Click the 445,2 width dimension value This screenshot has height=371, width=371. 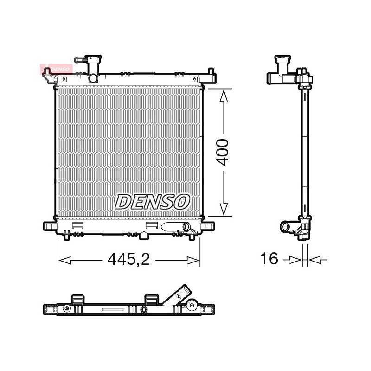129,259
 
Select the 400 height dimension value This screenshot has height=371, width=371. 223,153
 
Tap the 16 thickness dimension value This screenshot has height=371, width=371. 269,258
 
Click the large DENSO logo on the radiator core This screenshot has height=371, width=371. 152,202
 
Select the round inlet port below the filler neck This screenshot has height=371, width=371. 93,78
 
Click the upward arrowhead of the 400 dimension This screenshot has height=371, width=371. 224,96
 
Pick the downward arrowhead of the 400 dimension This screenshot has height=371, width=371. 224,209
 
